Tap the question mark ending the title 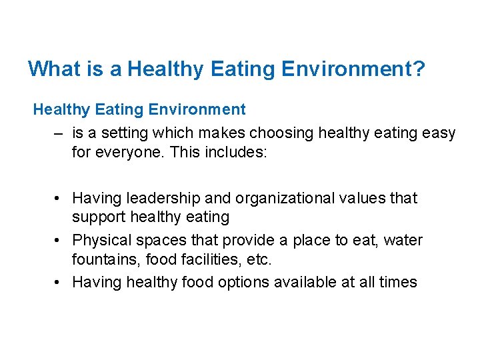(x=418, y=69)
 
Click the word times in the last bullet (x=397, y=282)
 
